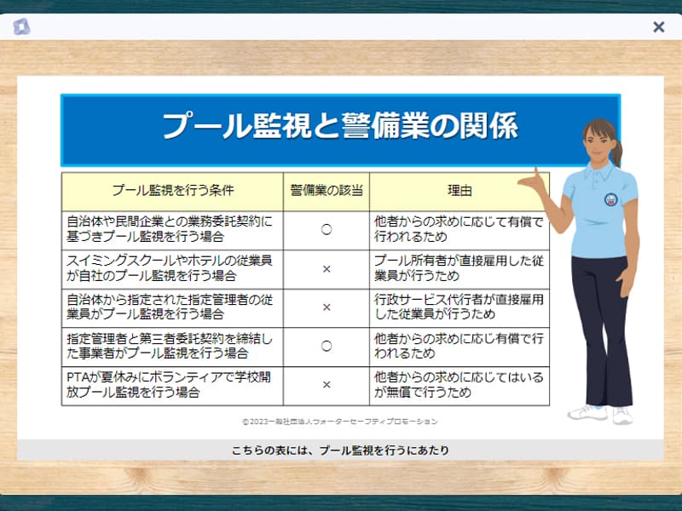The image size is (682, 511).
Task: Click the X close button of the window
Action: tap(658, 27)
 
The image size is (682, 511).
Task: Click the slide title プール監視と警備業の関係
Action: tap(340, 126)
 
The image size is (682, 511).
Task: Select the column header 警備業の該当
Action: tap(327, 190)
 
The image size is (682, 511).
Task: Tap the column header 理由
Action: tap(459, 190)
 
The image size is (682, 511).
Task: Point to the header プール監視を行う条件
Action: tap(173, 190)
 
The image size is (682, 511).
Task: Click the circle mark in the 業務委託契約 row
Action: tap(327, 229)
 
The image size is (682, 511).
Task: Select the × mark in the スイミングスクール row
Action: tap(327, 269)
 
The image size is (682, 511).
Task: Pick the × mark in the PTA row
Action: tap(327, 385)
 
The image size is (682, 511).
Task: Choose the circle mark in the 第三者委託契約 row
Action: tap(327, 346)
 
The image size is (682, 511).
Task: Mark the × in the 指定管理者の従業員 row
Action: tap(327, 307)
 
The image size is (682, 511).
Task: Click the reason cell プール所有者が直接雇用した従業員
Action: tap(459, 268)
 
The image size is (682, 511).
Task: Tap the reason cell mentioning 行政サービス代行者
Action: tap(459, 307)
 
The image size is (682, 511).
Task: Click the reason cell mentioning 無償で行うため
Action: tap(459, 385)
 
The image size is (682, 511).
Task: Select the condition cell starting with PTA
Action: tap(169, 385)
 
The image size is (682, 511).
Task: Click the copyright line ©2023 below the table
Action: tap(339, 422)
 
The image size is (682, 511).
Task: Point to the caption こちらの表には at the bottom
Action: tap(340, 451)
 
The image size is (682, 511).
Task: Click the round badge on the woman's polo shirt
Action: tap(611, 199)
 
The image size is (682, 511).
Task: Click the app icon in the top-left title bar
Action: tap(20, 27)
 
